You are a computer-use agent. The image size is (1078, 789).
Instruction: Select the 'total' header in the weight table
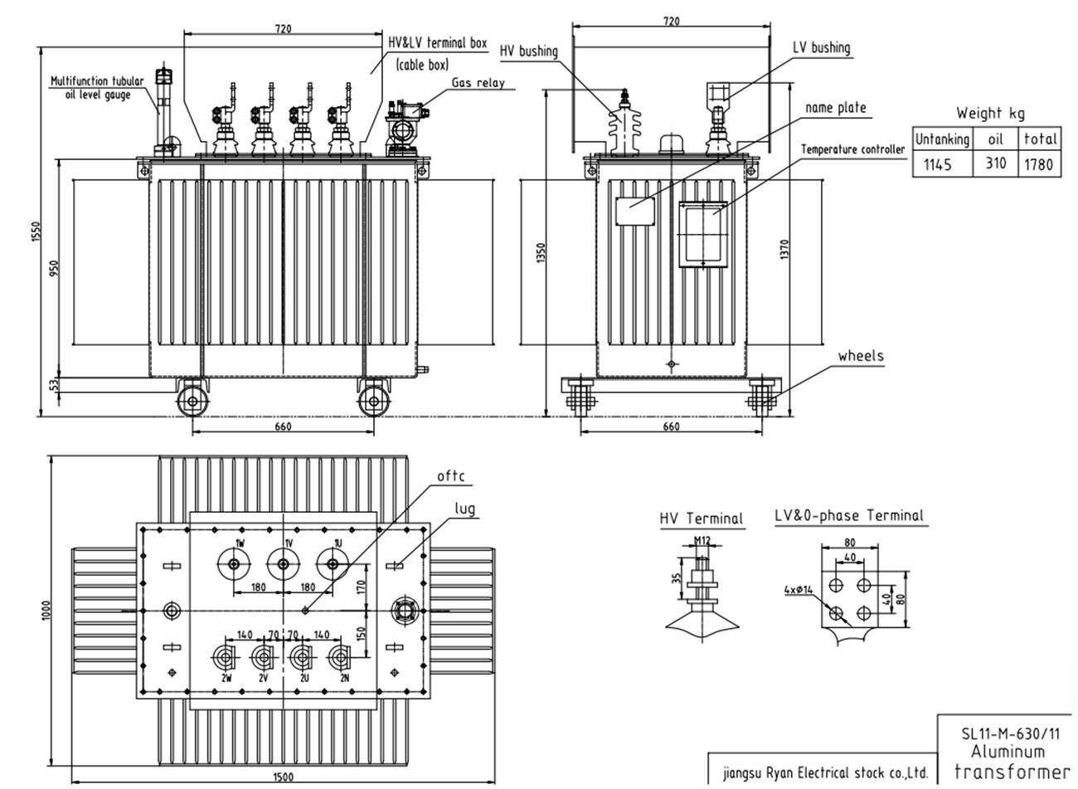pos(1040,139)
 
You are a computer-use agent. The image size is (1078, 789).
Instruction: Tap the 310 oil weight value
pos(995,163)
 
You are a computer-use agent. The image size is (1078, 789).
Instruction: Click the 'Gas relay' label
pos(478,83)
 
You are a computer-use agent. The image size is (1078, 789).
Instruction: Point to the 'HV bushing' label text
pos(528,51)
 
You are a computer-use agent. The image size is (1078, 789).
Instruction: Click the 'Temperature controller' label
pos(852,149)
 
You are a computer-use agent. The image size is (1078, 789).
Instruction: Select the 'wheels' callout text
pos(860,356)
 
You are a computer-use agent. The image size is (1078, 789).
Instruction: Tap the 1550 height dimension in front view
pos(36,233)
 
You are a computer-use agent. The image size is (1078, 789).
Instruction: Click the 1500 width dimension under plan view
pos(284,777)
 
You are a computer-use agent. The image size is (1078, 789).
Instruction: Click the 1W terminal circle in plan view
pos(234,565)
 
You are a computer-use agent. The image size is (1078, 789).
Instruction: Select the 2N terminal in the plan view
pos(339,659)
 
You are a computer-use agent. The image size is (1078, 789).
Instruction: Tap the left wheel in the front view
pos(192,401)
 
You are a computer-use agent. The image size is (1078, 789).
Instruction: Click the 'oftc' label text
pos(451,476)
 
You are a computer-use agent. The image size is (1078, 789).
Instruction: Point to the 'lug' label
pos(465,509)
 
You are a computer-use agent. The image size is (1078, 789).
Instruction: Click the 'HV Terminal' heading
pos(702,519)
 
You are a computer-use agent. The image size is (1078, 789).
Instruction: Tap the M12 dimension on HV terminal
pos(702,541)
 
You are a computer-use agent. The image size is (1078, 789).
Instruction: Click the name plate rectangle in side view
pos(633,211)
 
